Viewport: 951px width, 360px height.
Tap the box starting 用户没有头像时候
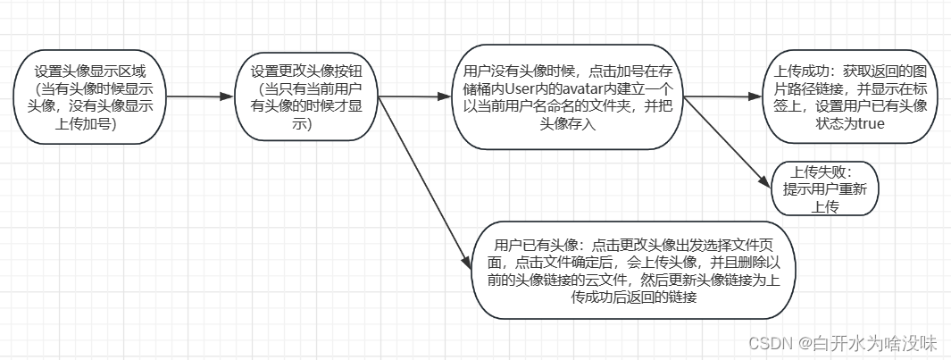coord(568,97)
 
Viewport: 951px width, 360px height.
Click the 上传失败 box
coord(825,188)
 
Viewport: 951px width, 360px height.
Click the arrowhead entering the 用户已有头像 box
coord(466,261)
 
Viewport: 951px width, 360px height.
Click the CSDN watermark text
coord(769,343)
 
